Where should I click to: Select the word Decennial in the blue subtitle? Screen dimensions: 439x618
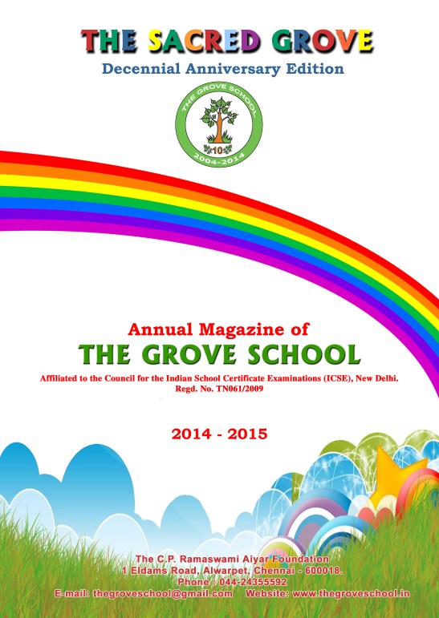[x=140, y=68]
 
